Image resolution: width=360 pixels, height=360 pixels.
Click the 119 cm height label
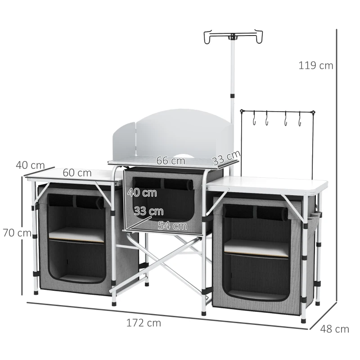316,65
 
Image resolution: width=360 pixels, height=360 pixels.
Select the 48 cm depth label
334,329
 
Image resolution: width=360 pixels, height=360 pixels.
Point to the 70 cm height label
16,233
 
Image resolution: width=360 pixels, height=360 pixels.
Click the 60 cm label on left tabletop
77,173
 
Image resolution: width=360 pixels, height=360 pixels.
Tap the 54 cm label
172,226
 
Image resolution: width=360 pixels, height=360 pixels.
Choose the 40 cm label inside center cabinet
142,193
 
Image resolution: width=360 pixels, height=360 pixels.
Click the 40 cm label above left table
30,165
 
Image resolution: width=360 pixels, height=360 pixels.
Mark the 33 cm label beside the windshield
226,158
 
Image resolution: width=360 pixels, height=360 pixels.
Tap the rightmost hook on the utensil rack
298,120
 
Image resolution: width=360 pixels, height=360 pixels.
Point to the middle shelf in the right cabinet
256,247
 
